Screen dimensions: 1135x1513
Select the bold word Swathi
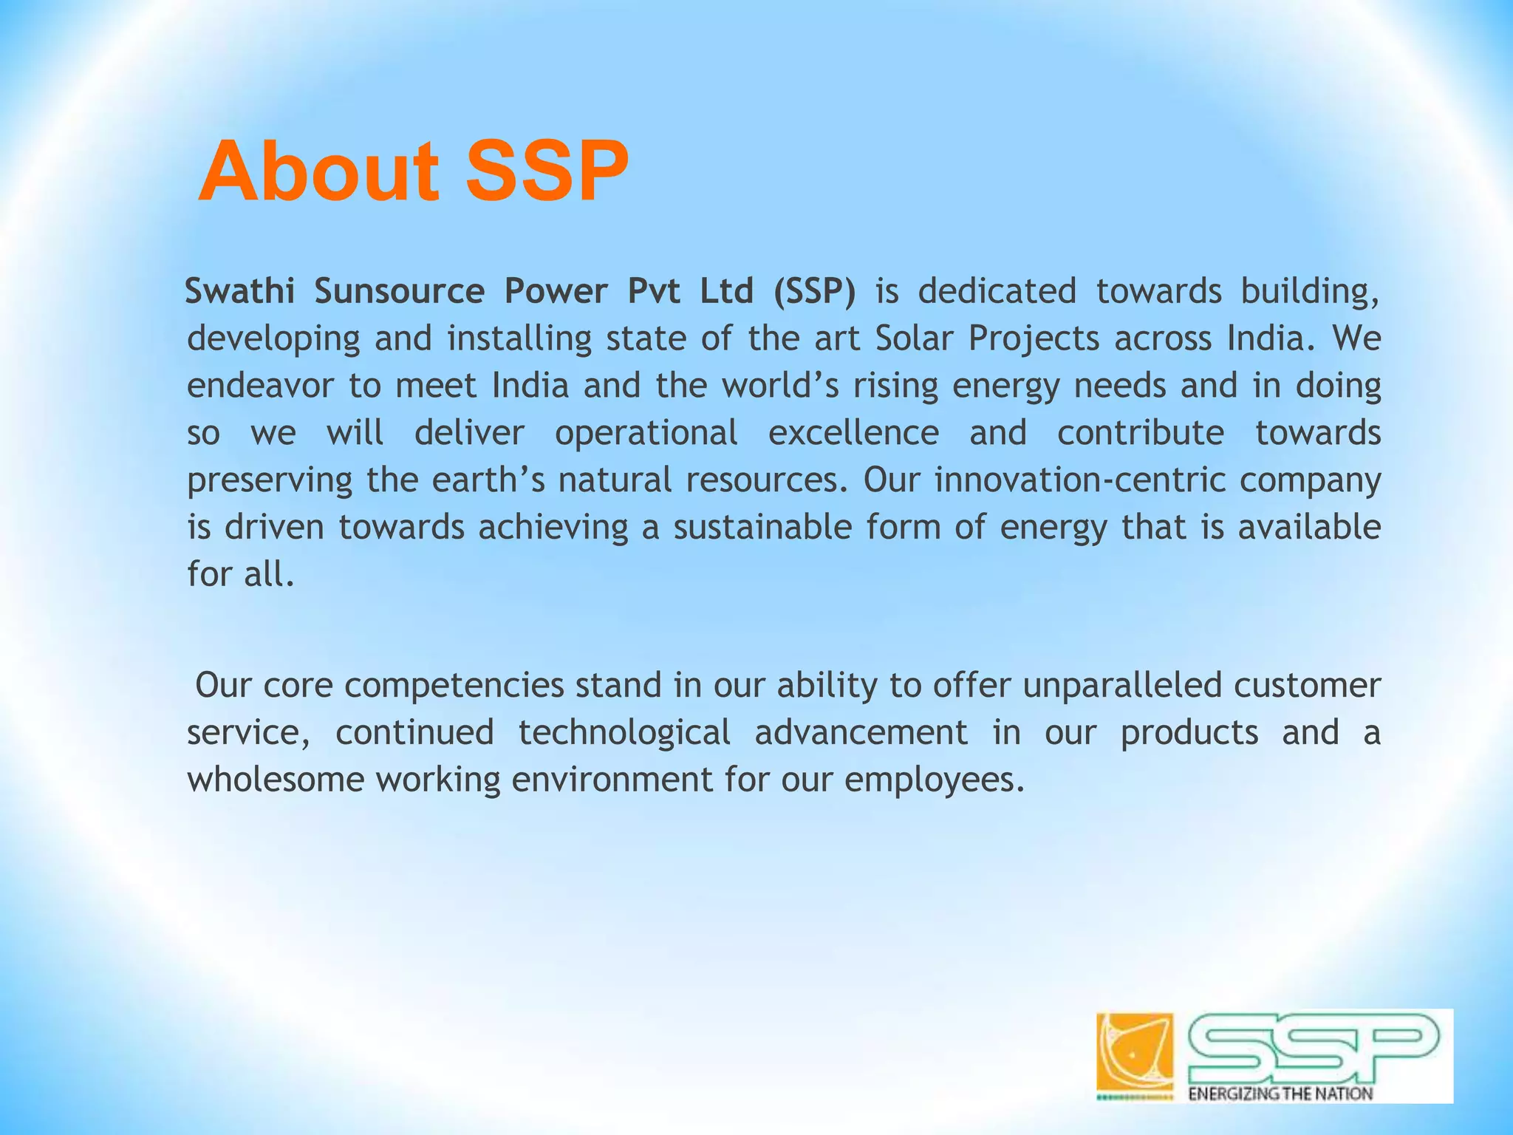click(240, 291)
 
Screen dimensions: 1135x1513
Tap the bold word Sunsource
click(399, 291)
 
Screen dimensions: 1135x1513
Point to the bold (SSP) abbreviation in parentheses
click(815, 291)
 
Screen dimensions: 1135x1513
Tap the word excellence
click(853, 433)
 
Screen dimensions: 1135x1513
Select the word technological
click(624, 733)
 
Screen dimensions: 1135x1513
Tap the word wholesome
click(276, 780)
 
